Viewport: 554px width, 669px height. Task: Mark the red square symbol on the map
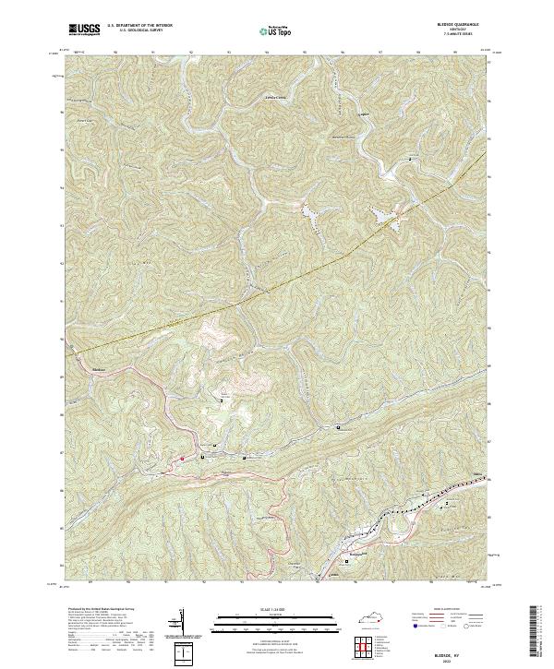[x=182, y=459]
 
